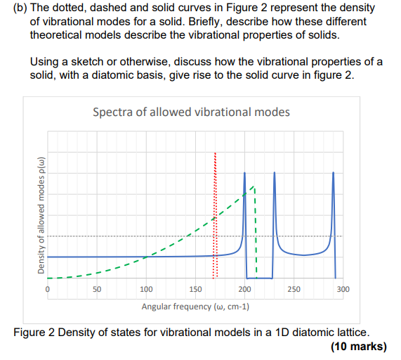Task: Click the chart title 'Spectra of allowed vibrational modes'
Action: coord(191,112)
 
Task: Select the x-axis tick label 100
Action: coord(146,289)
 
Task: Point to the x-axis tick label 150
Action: coord(195,289)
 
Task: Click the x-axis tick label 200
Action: coord(244,289)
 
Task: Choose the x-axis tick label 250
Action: coord(294,289)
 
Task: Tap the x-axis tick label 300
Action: coord(343,289)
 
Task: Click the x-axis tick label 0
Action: coord(48,289)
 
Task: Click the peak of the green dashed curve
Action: coord(253,188)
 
